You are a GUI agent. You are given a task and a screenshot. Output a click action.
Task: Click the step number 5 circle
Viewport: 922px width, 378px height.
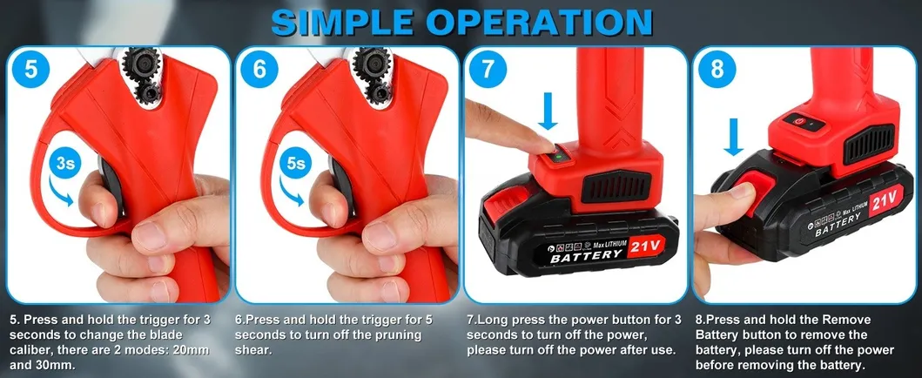31,70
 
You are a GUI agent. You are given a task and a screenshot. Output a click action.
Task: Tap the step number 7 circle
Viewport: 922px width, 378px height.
489,70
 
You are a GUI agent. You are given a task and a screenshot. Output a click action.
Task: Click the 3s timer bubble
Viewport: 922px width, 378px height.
67,162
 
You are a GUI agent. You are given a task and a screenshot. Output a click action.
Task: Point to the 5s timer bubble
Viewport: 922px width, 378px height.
296,162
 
